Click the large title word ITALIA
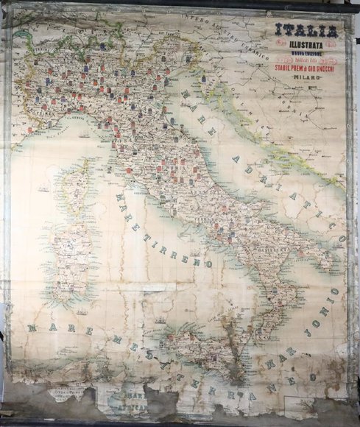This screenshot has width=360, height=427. point(306,31)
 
